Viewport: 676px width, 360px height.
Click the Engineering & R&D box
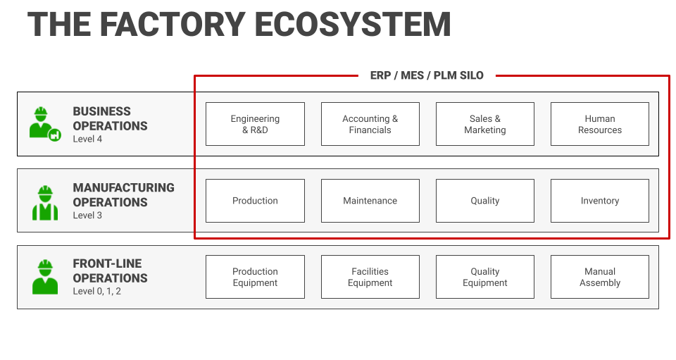tap(255, 124)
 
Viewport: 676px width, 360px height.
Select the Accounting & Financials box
tap(370, 124)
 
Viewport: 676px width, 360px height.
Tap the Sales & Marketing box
tap(484, 124)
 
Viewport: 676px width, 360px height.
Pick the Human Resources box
tap(599, 124)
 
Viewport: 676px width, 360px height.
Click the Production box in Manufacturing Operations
tap(255, 201)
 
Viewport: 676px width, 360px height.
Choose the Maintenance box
tap(370, 201)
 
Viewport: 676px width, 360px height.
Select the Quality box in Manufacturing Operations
tap(484, 201)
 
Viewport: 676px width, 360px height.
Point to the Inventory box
tap(599, 201)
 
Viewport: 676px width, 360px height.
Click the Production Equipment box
tap(255, 277)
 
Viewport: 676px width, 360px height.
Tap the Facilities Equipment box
tap(370, 277)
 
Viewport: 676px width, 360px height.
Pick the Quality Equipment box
tap(484, 277)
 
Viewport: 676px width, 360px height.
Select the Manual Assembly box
tap(599, 277)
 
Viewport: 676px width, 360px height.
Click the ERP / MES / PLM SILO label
tap(427, 75)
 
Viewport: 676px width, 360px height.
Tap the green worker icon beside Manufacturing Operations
tap(45, 202)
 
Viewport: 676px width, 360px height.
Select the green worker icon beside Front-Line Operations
tap(45, 277)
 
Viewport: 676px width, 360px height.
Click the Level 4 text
tap(87, 139)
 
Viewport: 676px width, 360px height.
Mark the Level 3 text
tap(87, 216)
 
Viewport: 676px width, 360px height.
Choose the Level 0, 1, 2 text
tap(96, 291)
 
